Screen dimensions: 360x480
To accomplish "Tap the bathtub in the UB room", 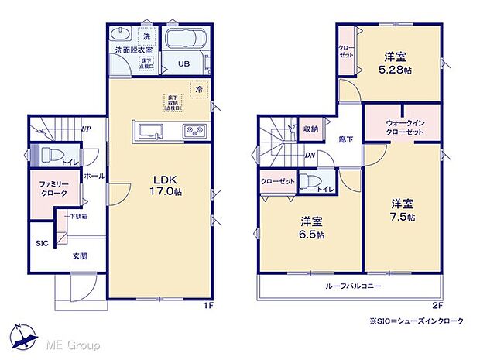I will (184, 39).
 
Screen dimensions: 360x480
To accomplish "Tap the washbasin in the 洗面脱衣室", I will (122, 36).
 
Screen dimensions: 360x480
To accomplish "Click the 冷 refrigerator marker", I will (198, 89).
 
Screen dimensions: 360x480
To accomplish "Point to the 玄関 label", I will (80, 255).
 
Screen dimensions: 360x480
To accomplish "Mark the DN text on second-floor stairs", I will (309, 155).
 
